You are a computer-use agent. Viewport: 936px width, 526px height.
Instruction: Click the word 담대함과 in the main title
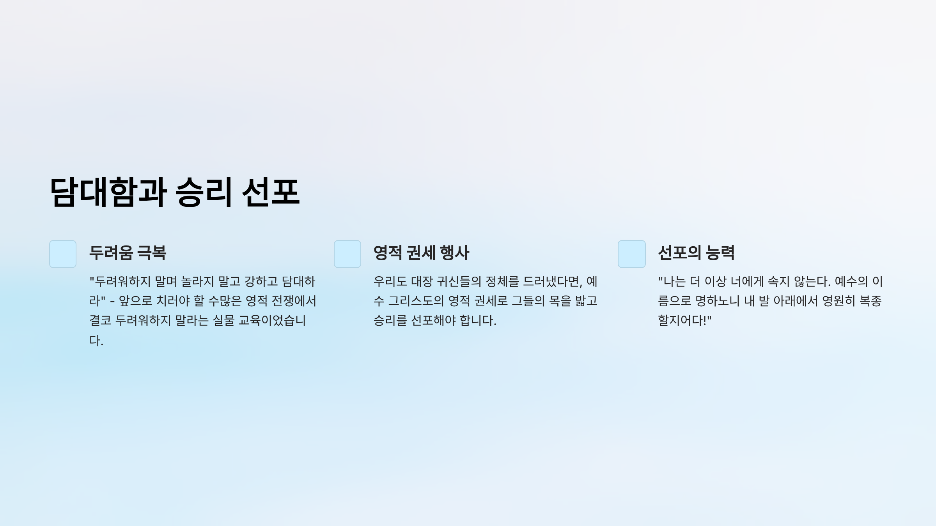109,192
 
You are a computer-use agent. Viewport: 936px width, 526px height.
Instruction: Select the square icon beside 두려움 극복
63,254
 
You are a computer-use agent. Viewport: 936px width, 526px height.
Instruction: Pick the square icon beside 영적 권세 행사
347,254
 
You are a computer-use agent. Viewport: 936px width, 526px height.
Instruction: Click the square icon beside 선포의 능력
632,254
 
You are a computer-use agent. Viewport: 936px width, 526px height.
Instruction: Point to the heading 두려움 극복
128,253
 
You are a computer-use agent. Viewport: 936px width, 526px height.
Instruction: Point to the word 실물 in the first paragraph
223,320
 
